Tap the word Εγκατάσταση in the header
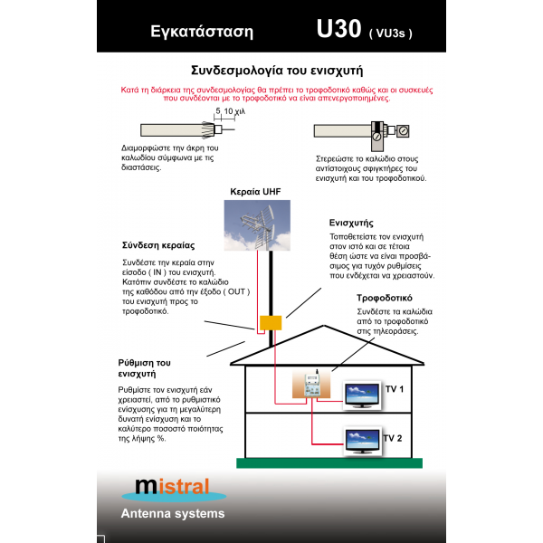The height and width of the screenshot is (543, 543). pyautogui.click(x=201, y=33)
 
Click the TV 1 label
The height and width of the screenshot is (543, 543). pyautogui.click(x=394, y=388)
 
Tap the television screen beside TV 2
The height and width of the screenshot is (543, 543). pyautogui.click(x=362, y=442)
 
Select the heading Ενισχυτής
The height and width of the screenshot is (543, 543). pyautogui.click(x=352, y=223)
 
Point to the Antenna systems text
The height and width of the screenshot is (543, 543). pyautogui.click(x=173, y=514)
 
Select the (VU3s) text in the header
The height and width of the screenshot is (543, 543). pyautogui.click(x=390, y=33)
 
